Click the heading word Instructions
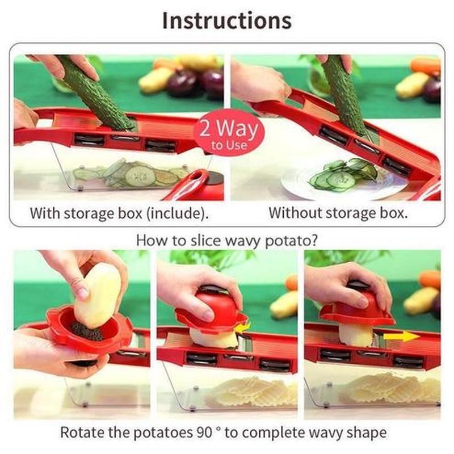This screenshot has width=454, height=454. [226, 20]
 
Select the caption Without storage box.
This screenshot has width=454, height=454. [338, 213]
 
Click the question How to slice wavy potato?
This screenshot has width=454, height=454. [226, 239]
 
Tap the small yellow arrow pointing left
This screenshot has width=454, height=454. [243, 327]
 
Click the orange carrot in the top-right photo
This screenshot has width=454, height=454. [426, 66]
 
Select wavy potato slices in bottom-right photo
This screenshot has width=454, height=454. [392, 389]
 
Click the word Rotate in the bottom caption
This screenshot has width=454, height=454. [79, 432]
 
